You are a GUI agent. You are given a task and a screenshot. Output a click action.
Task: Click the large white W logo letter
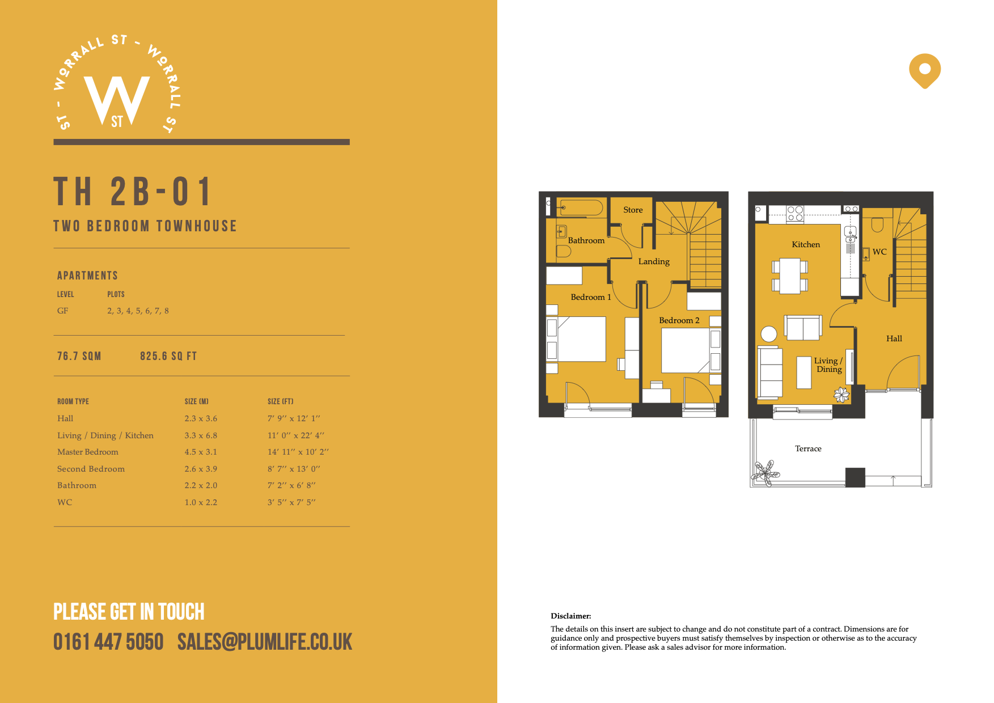point(117,100)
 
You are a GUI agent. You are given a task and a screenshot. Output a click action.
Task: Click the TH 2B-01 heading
point(133,192)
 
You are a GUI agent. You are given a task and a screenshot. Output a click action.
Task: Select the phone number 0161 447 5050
point(108,642)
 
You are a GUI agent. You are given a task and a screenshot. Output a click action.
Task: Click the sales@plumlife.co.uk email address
point(265,642)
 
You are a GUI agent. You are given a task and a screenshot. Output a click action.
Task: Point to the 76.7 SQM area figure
point(79,356)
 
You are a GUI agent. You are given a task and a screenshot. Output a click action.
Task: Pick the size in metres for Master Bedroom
point(201,452)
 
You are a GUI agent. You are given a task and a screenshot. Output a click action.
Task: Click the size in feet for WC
point(291,502)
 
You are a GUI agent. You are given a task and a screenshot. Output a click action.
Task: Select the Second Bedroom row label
point(91,469)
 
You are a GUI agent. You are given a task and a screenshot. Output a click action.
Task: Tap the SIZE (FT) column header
point(281,401)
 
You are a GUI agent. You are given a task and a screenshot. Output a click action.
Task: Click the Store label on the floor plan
point(633,210)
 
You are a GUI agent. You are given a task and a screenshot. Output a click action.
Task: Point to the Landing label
point(654,261)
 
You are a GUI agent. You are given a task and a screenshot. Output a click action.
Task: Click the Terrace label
point(808,448)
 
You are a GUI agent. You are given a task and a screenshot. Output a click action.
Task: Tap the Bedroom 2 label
point(679,320)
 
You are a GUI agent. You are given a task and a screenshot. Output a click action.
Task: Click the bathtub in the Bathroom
point(580,207)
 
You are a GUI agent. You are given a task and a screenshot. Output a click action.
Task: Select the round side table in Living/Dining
point(769,334)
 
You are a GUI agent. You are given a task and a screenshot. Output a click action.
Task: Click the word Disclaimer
point(570,616)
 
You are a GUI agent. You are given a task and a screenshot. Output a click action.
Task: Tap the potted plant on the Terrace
point(766,472)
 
